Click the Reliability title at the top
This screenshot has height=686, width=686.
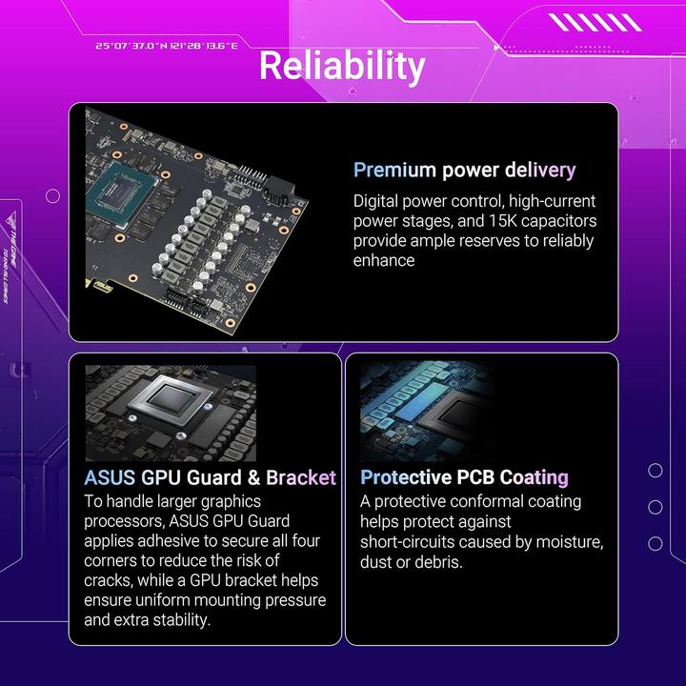tap(342, 66)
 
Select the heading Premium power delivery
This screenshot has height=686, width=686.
tap(464, 171)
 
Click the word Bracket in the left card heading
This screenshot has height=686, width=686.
tap(301, 477)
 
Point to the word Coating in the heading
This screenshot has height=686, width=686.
tap(526, 477)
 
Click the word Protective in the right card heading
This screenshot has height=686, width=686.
tap(406, 477)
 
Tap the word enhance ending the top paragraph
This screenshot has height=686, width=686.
tap(384, 260)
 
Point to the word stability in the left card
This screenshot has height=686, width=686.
tap(175, 620)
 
